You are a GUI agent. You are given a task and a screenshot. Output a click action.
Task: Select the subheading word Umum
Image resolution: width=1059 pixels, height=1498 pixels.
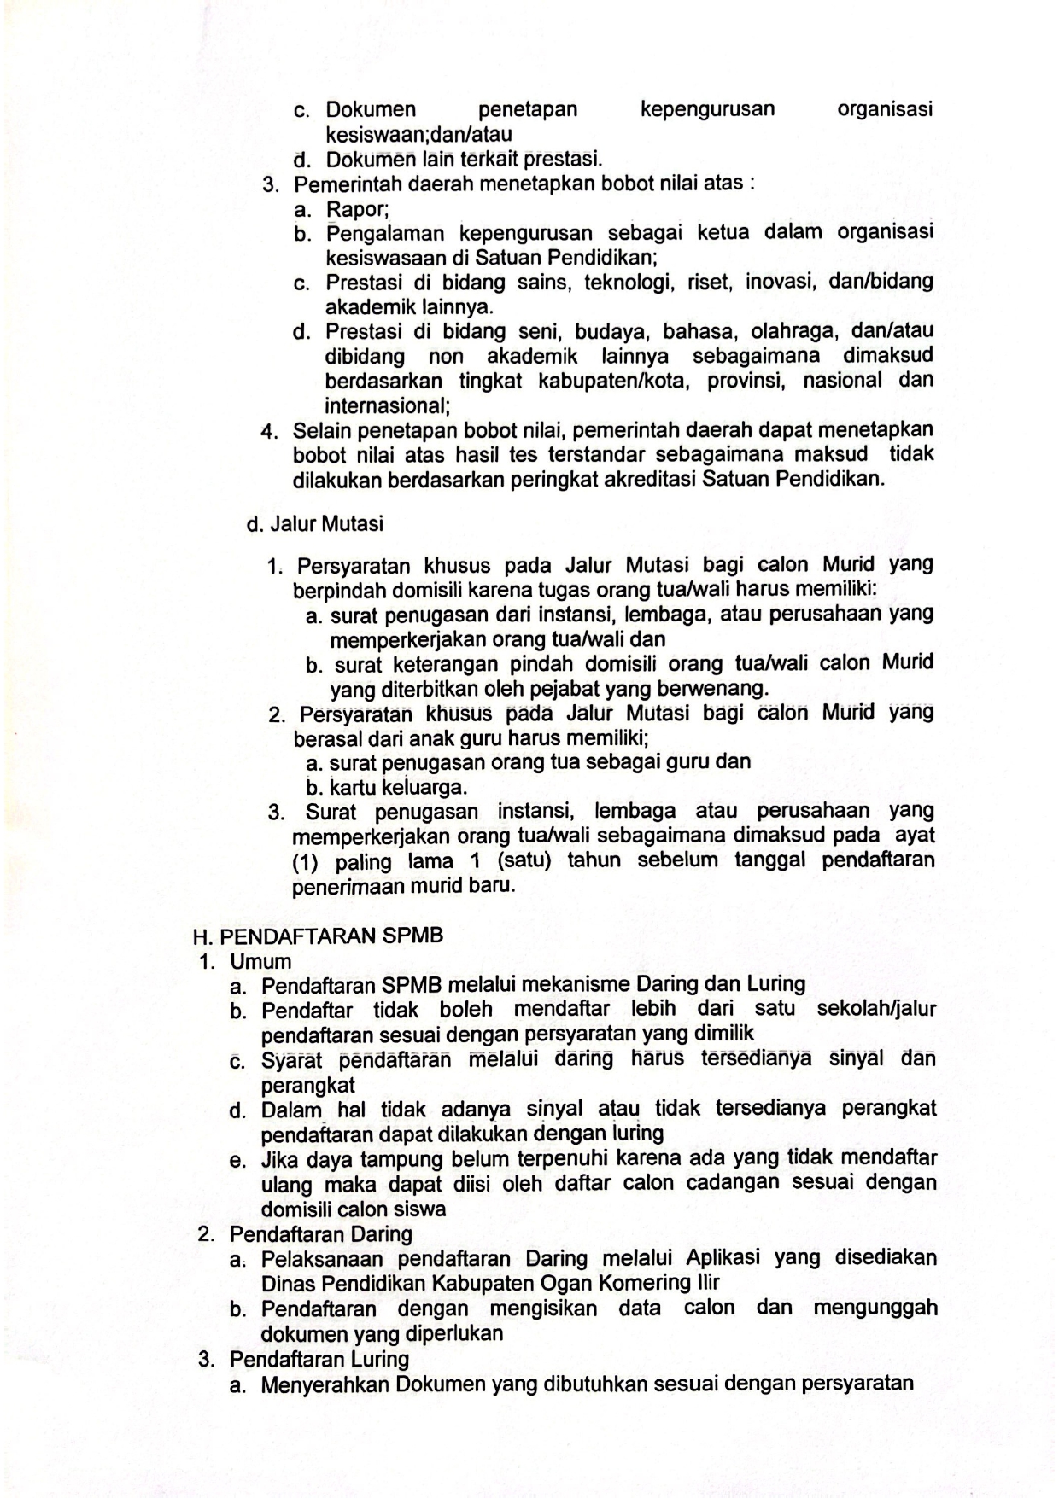point(261,961)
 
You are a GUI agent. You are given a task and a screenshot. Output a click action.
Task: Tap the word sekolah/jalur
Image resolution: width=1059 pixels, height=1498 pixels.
point(876,1009)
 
